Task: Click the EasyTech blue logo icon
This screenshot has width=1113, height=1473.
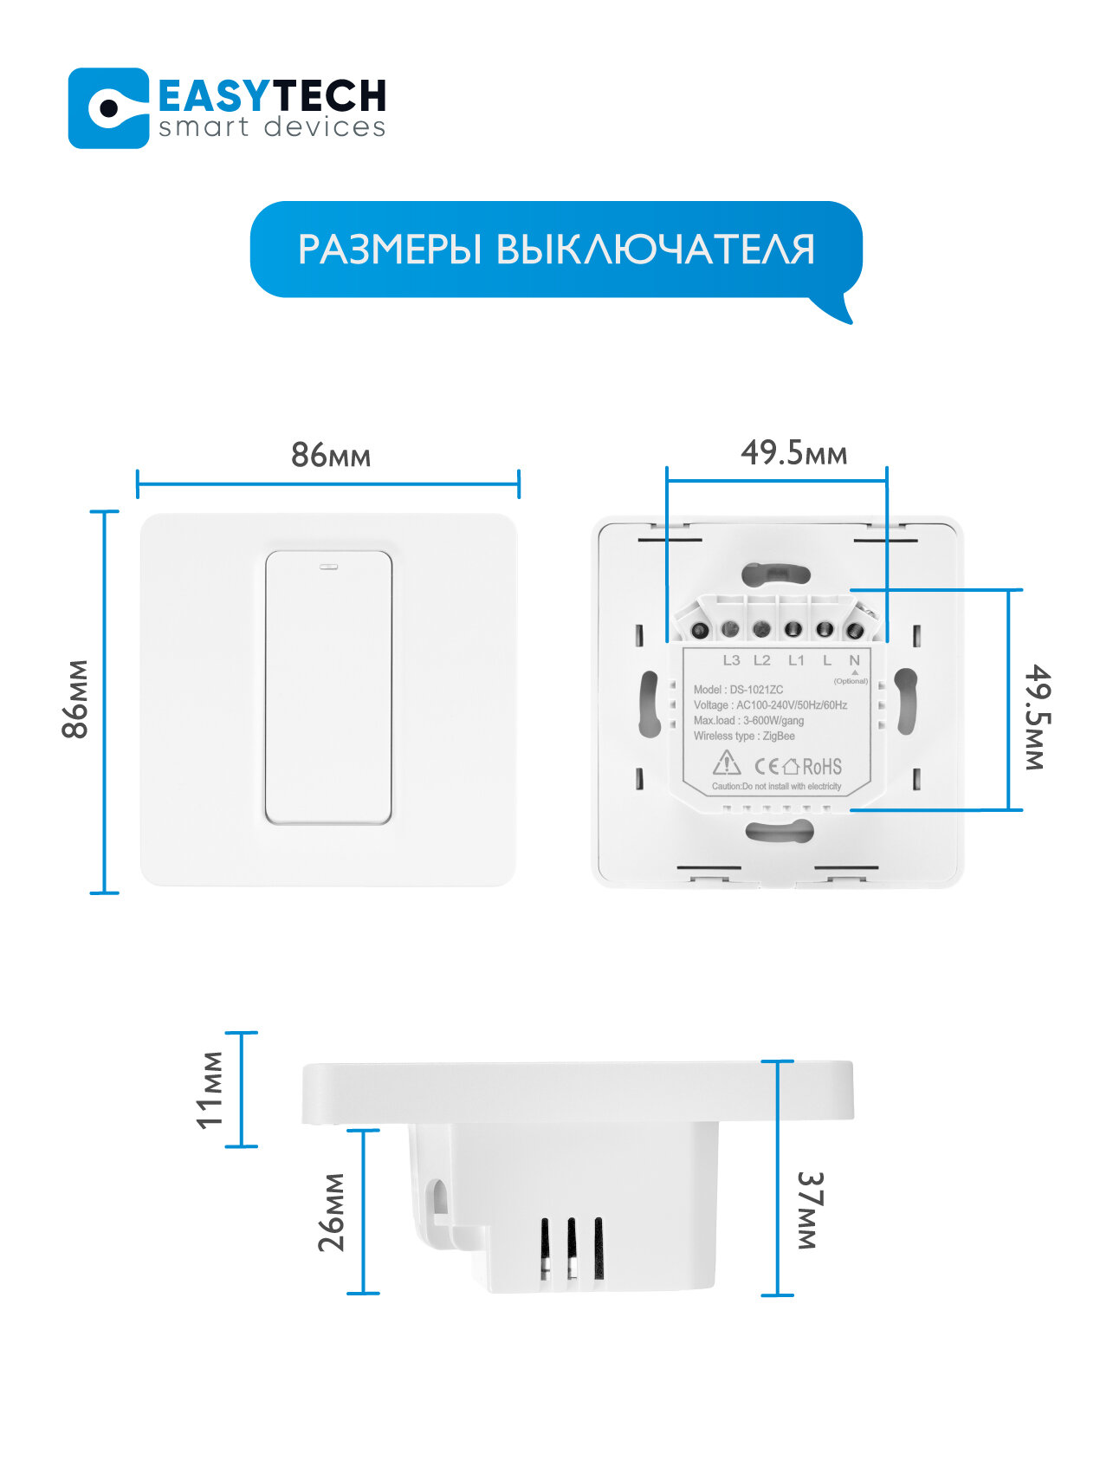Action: (x=108, y=108)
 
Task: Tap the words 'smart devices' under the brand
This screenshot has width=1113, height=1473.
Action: (x=272, y=128)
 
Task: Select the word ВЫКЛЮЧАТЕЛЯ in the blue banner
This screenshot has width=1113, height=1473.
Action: (x=656, y=250)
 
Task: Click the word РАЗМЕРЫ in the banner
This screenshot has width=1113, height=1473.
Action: (x=389, y=250)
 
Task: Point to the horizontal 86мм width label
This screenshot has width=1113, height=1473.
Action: (x=330, y=455)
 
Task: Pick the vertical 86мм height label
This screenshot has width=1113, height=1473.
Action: (x=76, y=699)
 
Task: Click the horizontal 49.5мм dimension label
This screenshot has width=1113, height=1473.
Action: (x=793, y=452)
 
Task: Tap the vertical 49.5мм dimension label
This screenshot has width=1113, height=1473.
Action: (x=1037, y=717)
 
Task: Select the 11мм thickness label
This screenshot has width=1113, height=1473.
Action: (x=210, y=1090)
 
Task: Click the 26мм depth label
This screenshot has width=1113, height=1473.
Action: (x=332, y=1212)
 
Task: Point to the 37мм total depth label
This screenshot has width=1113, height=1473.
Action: (x=808, y=1210)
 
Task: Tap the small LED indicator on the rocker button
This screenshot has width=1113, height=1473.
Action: (x=329, y=568)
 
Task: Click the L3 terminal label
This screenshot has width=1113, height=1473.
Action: (x=731, y=660)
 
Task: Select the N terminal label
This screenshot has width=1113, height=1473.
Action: (x=854, y=660)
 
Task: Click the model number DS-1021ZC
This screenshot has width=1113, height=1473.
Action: (x=756, y=690)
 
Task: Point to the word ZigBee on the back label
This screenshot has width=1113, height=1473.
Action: (x=779, y=736)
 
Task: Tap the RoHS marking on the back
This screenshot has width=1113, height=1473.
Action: (x=821, y=767)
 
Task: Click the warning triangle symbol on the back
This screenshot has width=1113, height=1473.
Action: (x=726, y=763)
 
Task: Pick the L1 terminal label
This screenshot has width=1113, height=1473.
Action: (x=796, y=660)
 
